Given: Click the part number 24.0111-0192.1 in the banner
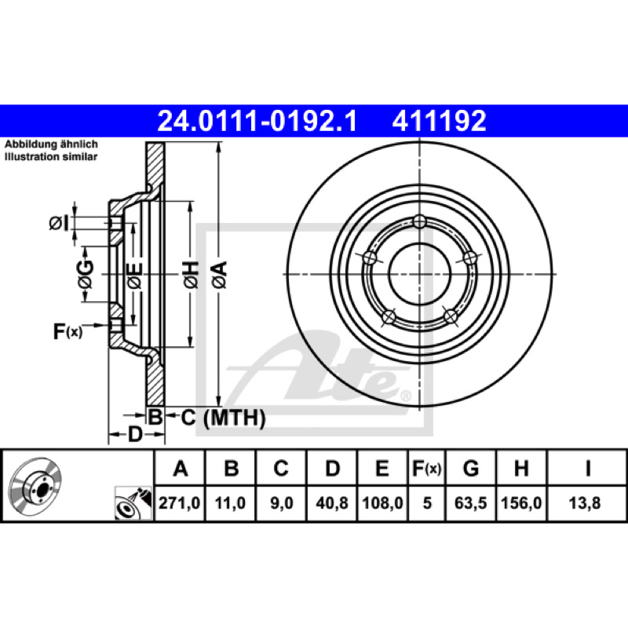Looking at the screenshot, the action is tap(257, 121).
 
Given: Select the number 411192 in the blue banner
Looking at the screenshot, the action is tap(440, 121).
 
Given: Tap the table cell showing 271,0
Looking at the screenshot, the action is tap(180, 503).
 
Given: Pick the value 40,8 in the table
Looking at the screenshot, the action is tap(332, 503).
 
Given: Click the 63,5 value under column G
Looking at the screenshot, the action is tap(470, 503).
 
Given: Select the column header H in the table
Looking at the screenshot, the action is tap(521, 468).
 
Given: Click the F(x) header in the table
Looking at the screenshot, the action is tap(426, 468).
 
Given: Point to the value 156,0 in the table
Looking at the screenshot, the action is tap(521, 503).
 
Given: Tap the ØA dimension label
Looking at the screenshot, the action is tap(220, 274).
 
